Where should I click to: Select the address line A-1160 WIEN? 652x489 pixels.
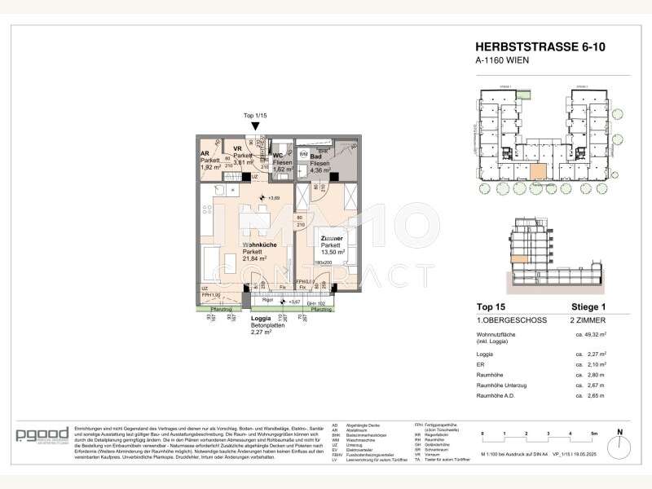(x=500, y=61)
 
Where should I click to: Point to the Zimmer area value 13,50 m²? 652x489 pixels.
(x=333, y=253)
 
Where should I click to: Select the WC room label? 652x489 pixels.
(x=278, y=156)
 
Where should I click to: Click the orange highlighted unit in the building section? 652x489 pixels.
(x=518, y=258)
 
